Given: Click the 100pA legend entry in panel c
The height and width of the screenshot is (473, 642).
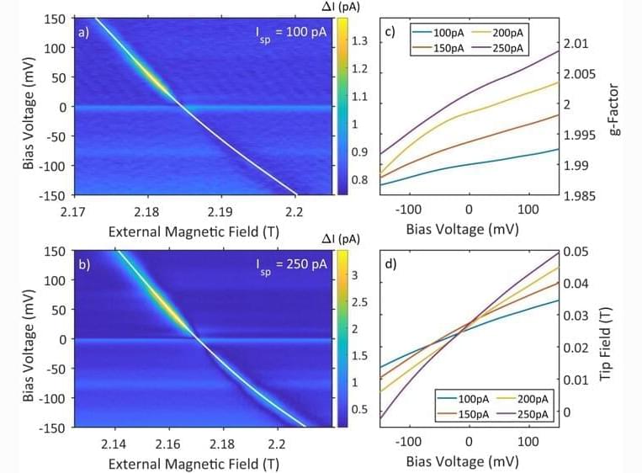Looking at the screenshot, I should [441, 32].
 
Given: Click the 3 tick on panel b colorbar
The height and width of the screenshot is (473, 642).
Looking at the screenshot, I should [355, 274].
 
